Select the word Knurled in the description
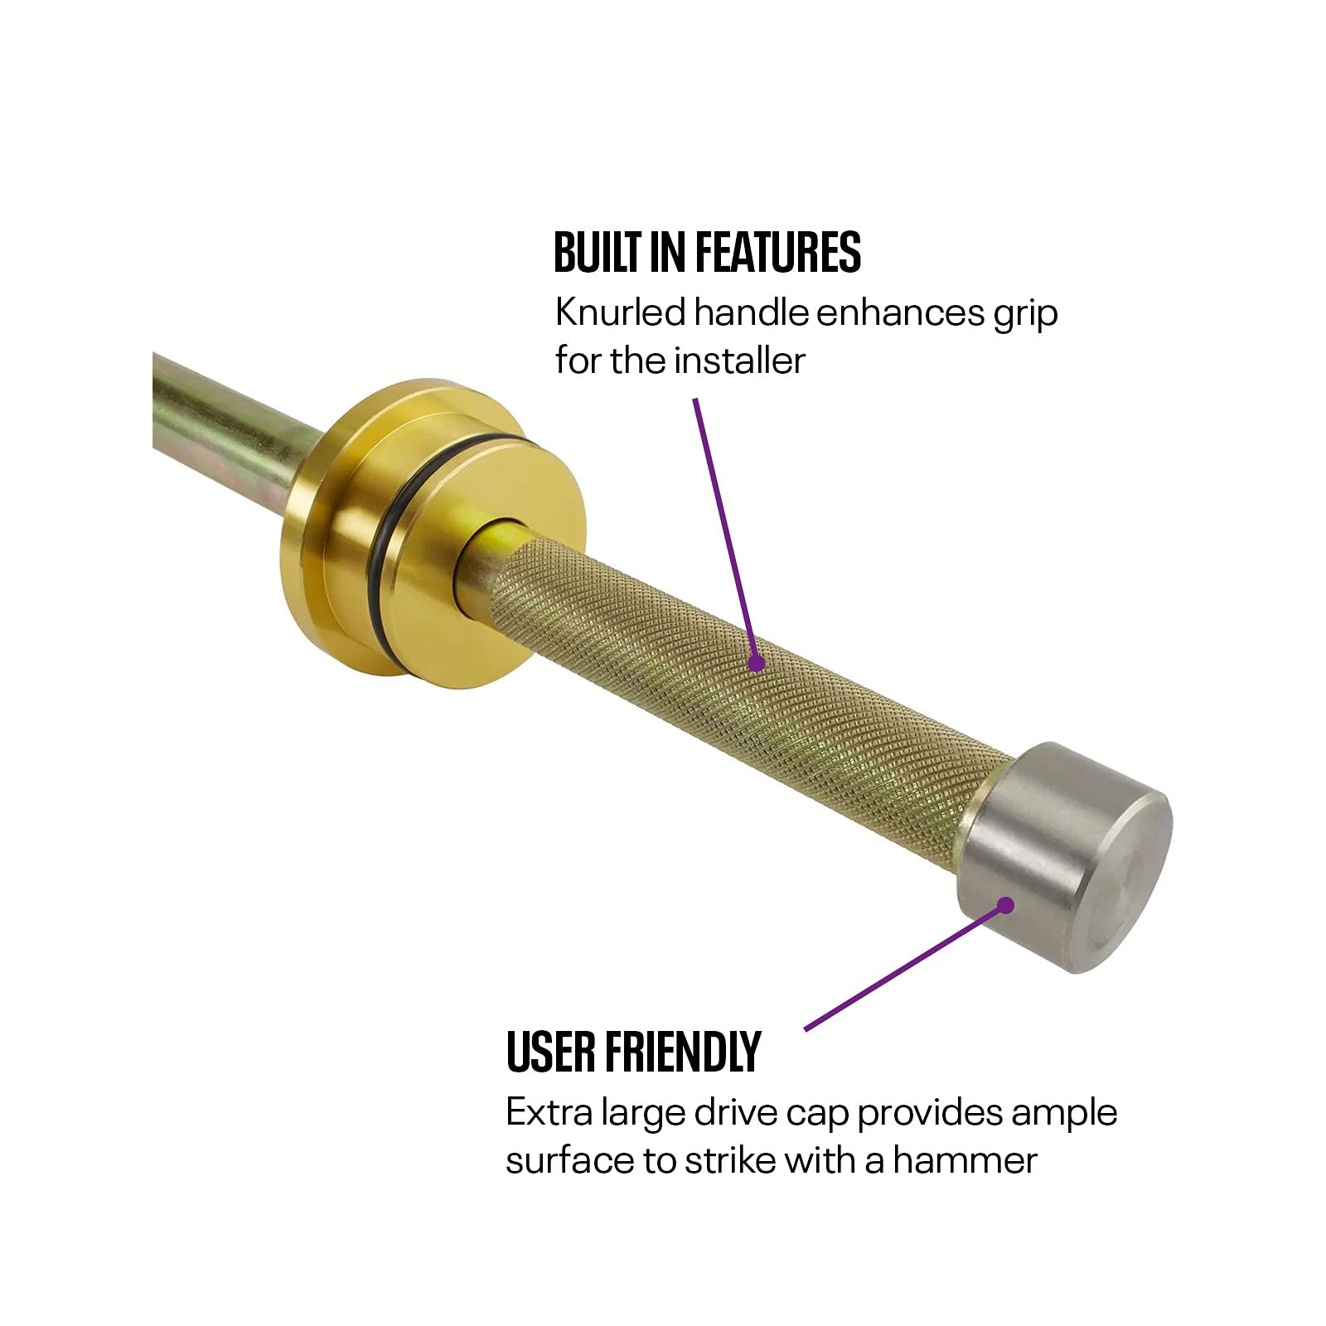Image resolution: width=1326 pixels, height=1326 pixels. pos(621,313)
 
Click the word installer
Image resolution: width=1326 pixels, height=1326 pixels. pos(739,361)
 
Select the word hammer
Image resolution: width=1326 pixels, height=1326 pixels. pos(965,1160)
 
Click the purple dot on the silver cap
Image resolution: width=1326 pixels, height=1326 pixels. pos(1005,905)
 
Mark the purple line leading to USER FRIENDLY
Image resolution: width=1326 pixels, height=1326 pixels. pos(905,967)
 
